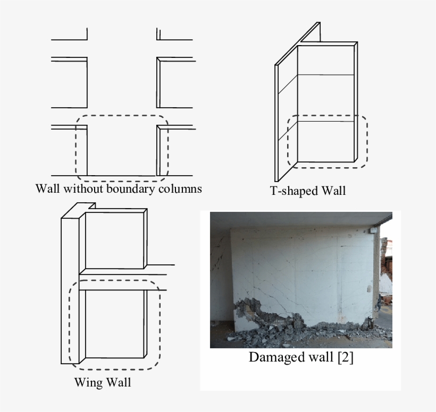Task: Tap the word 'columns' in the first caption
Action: (x=180, y=188)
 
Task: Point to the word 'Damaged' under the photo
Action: (x=273, y=357)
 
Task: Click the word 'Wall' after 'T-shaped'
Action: (x=333, y=191)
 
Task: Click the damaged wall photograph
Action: (x=301, y=265)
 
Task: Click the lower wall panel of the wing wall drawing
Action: (x=115, y=324)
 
